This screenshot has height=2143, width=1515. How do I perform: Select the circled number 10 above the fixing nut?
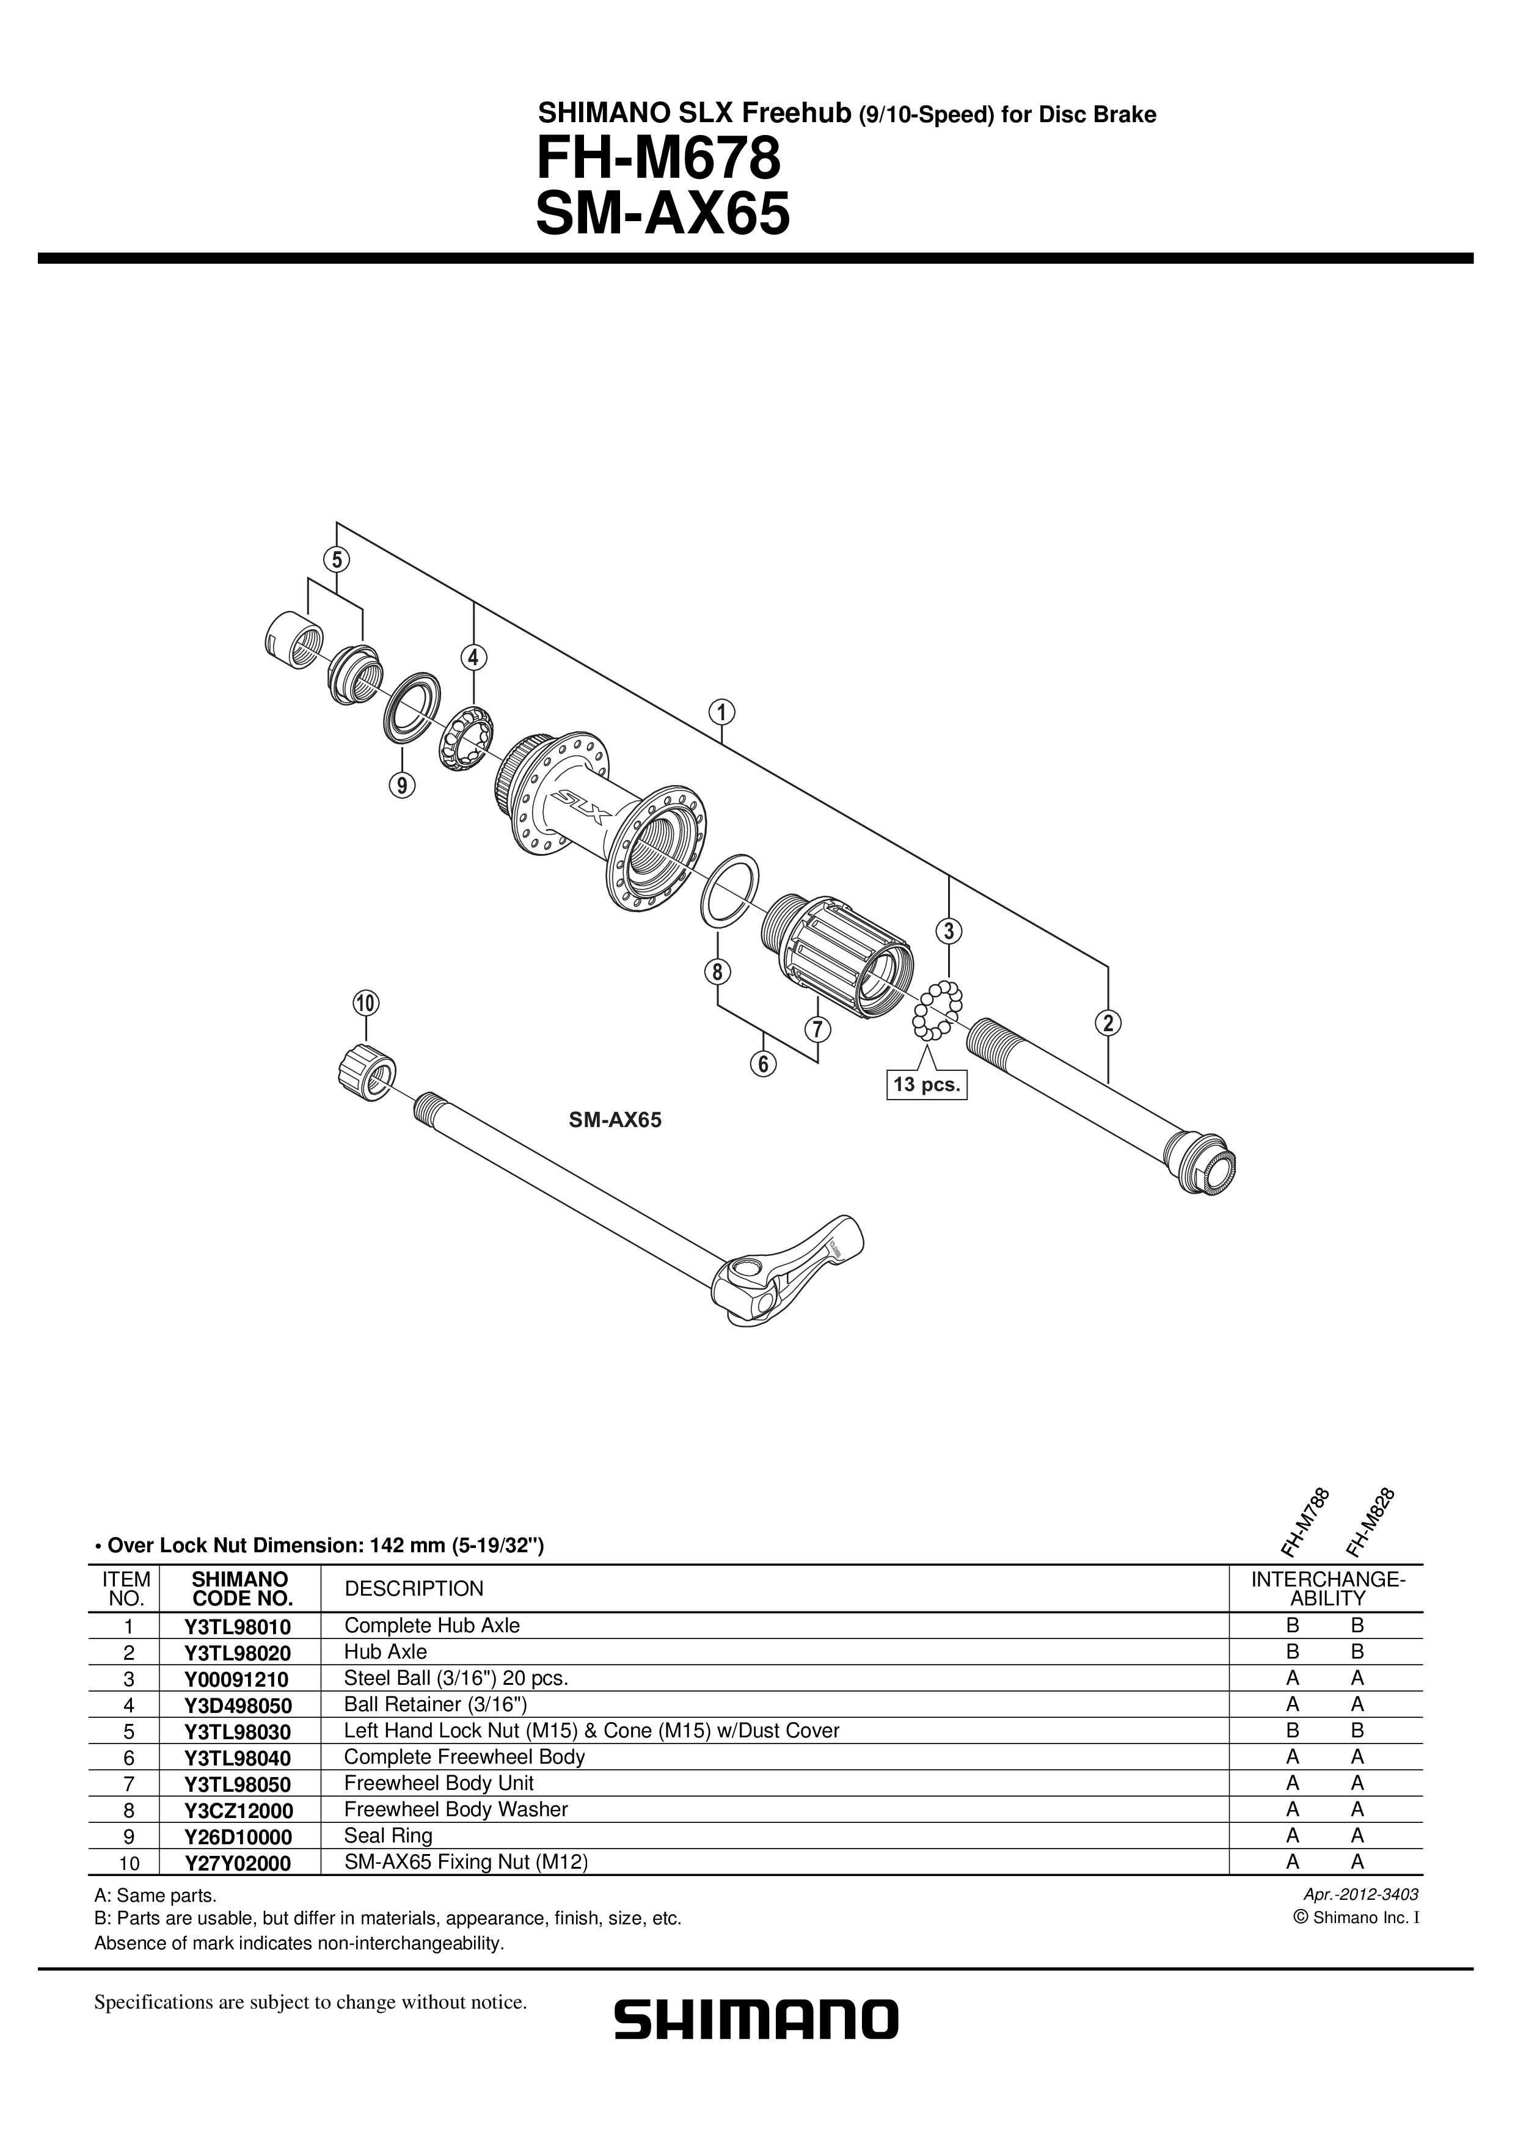pos(365,1003)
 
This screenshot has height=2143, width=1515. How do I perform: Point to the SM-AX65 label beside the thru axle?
pos(615,1120)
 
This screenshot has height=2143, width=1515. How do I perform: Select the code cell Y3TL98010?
pos(238,1627)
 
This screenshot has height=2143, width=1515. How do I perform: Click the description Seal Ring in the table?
pos(389,1836)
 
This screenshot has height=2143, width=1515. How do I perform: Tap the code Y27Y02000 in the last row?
pos(238,1863)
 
